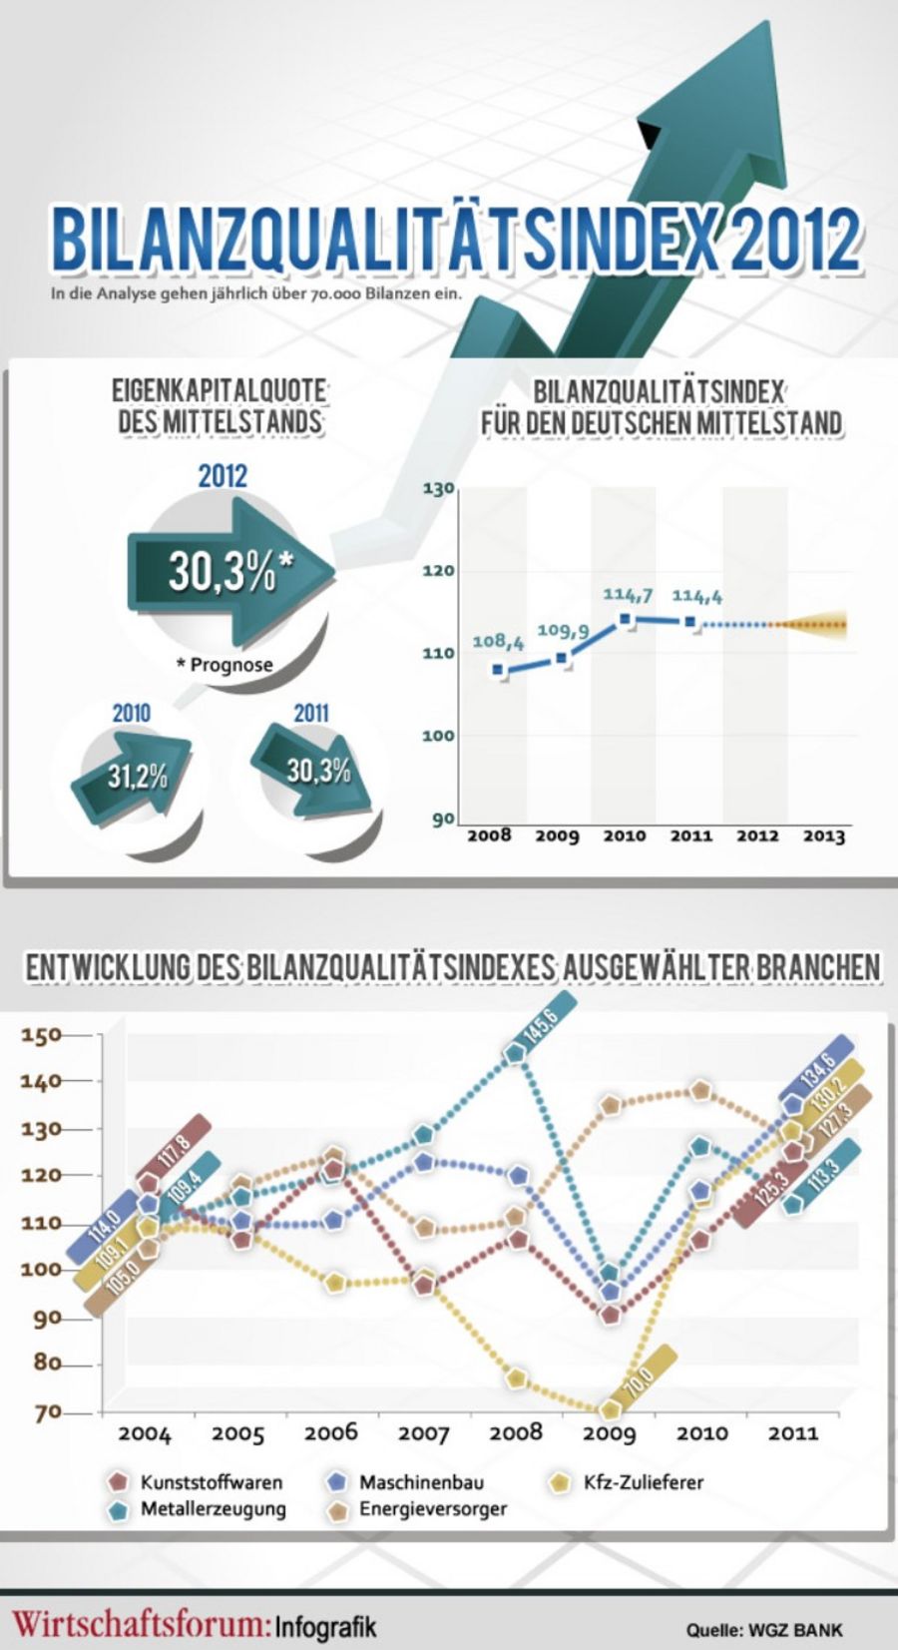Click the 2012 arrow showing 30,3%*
[230, 572]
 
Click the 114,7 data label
[628, 595]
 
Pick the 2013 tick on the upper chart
[824, 836]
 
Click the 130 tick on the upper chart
[439, 489]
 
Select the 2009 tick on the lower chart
[609, 1434]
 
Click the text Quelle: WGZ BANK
[764, 1630]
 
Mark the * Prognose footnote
[231, 665]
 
